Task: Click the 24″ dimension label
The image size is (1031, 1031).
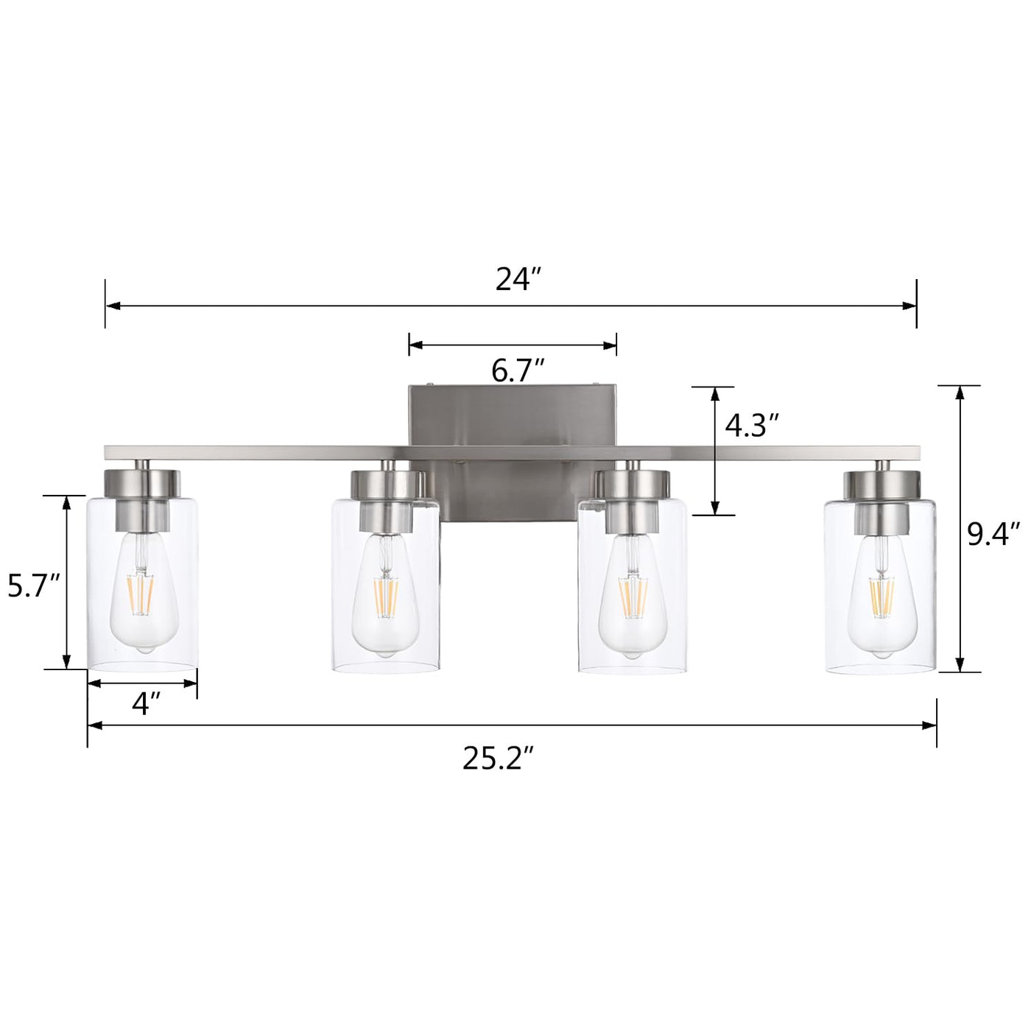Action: coord(518,279)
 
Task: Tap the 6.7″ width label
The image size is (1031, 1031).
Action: coord(518,371)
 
